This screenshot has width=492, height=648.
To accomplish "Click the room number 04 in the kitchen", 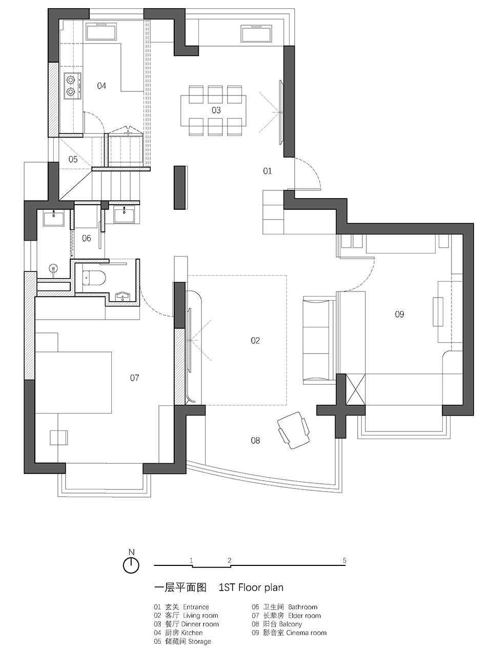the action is (x=101, y=86).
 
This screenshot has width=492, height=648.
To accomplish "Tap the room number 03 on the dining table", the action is (x=216, y=110).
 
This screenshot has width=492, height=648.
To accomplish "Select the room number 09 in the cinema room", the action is (x=399, y=314).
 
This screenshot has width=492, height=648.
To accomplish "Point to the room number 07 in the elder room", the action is (x=134, y=378).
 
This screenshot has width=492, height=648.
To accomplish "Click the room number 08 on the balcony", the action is (x=255, y=440).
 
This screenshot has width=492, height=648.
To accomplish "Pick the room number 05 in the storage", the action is (x=73, y=160).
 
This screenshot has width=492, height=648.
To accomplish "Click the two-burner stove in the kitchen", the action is (x=72, y=86).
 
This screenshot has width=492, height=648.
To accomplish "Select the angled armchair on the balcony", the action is (x=294, y=430).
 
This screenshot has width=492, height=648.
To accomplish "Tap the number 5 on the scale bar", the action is (x=344, y=560).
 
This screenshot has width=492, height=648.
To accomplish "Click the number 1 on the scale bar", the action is (x=191, y=560).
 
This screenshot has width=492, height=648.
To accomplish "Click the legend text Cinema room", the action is (x=306, y=633).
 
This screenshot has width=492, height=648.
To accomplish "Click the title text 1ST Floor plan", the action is (x=251, y=587).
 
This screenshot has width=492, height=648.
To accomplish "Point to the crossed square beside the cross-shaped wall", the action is (x=356, y=389).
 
